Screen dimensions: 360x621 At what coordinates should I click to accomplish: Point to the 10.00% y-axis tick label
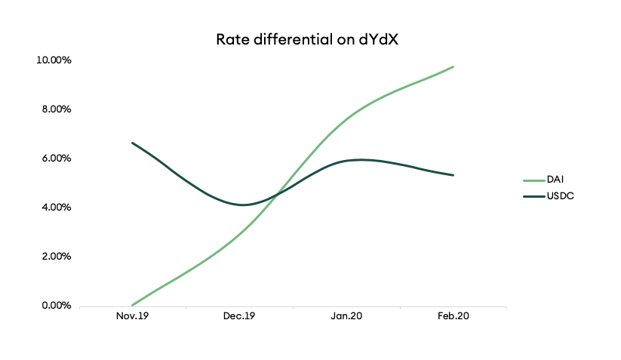(54, 60)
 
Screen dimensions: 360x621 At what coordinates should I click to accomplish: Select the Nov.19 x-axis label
(133, 318)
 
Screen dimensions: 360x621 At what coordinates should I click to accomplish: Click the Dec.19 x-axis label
(240, 318)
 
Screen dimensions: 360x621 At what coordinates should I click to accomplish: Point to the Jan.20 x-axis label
(346, 318)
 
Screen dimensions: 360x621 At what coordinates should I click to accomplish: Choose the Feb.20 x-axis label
(453, 318)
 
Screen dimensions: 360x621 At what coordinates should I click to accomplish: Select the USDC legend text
(563, 195)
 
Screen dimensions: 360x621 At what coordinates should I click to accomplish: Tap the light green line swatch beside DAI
(534, 180)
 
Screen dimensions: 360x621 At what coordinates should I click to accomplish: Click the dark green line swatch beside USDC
(534, 195)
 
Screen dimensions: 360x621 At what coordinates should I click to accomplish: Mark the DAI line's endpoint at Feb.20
(453, 66)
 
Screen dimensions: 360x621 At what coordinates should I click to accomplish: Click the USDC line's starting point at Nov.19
(133, 143)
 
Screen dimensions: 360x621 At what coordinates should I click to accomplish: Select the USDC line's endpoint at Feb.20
(453, 175)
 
